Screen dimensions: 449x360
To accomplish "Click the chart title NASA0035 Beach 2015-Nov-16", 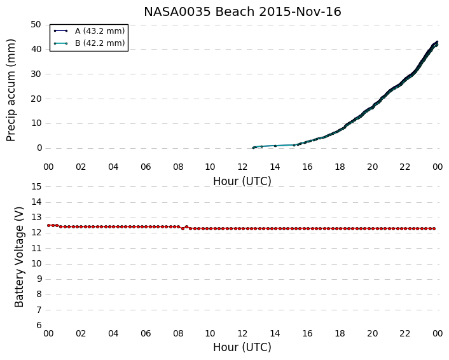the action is point(242,12).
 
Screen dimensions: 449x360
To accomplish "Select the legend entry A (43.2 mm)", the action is point(89,31).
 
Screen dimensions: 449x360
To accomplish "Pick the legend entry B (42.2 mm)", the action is point(89,43).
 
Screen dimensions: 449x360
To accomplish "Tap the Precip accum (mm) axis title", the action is point(11,90).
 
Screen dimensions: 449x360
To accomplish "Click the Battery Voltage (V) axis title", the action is point(19,257).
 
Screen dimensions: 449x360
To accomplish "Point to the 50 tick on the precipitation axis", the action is point(36,25).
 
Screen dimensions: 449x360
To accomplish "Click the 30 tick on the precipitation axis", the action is point(36,74).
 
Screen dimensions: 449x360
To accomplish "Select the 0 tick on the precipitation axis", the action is point(39,148).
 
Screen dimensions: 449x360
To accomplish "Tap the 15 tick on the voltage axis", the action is point(36,187).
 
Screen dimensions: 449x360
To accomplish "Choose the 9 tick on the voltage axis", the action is point(39,279).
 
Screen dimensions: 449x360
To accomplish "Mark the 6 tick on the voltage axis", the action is point(39,325).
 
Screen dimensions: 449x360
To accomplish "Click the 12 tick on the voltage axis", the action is point(36,233).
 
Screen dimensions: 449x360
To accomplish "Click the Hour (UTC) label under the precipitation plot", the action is point(242,181).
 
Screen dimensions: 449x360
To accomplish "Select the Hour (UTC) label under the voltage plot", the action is point(242,347).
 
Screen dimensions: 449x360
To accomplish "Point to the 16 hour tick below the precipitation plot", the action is point(307,167).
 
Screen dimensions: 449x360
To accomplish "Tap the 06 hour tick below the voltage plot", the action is point(146,333).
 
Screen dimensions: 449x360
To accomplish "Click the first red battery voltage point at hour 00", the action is point(48,225).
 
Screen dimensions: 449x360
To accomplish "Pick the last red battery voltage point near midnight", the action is point(434,228).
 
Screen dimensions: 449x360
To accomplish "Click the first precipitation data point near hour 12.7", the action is point(253,148).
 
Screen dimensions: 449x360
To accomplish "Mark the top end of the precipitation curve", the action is point(437,42).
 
